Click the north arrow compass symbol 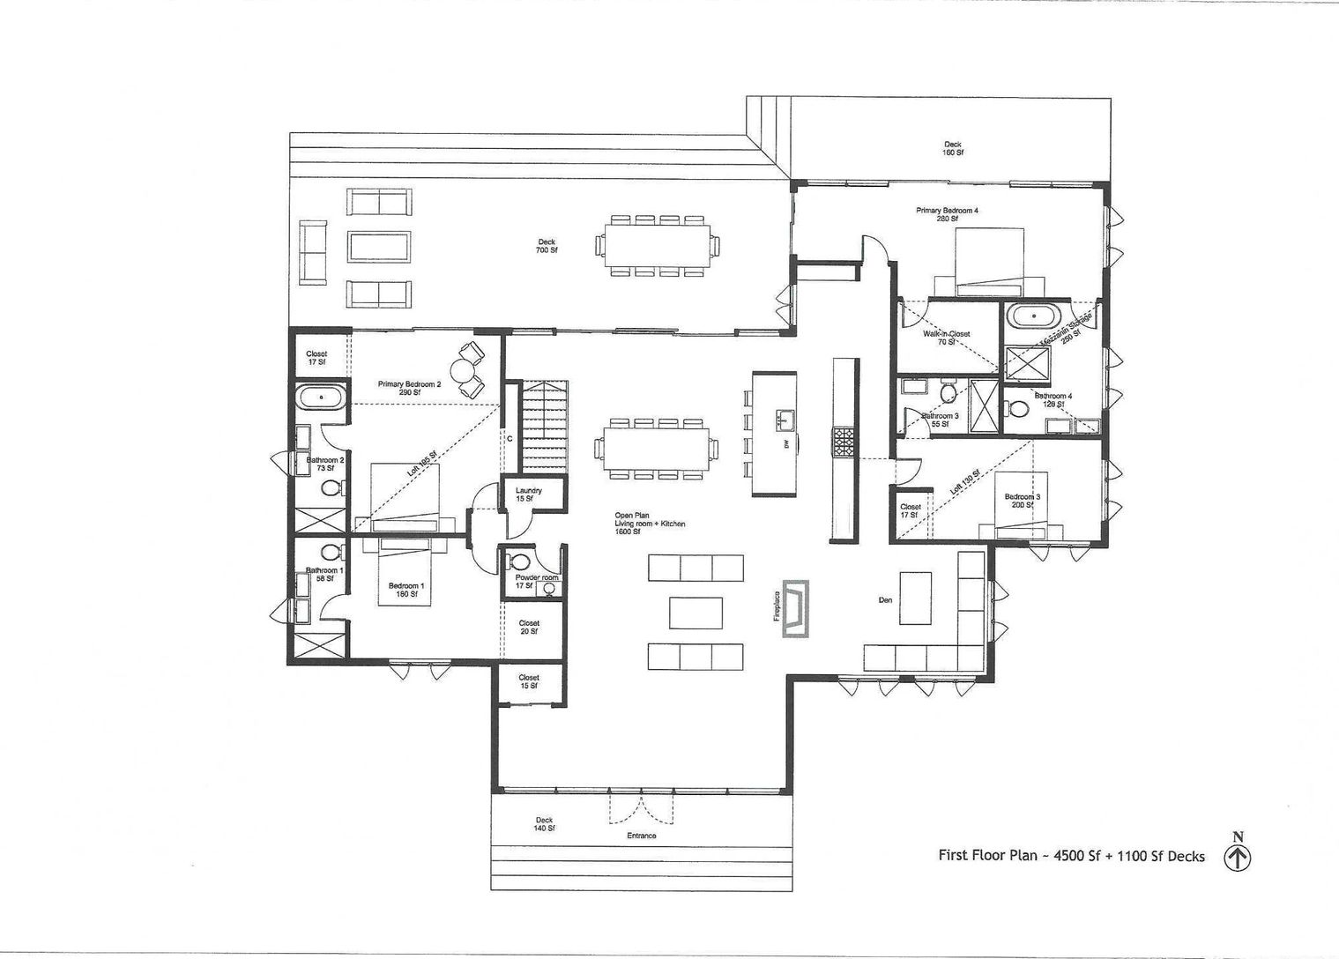click(x=1238, y=856)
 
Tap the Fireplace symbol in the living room click(x=800, y=607)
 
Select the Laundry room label click(x=528, y=494)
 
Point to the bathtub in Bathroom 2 click(x=321, y=398)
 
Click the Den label click(x=885, y=600)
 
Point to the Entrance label click(x=641, y=836)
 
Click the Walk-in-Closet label click(x=946, y=338)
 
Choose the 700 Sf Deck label click(x=547, y=246)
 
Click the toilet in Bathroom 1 click(x=331, y=553)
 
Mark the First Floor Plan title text click(x=1070, y=856)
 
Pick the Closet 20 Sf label click(x=529, y=627)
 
